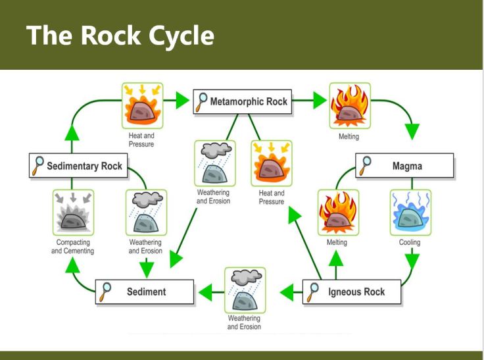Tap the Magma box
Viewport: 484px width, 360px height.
pyautogui.click(x=404, y=166)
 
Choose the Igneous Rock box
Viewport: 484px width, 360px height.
pyautogui.click(x=351, y=291)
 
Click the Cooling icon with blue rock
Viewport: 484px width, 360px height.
pyautogui.click(x=412, y=212)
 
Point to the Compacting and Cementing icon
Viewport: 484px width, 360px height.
pyautogui.click(x=74, y=213)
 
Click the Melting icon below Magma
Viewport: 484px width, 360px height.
pyautogui.click(x=338, y=212)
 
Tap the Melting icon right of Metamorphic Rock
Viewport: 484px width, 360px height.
pyautogui.click(x=349, y=105)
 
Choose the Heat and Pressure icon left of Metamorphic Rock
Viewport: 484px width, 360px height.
pyautogui.click(x=141, y=105)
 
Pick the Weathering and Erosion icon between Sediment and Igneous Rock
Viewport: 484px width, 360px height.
pyautogui.click(x=245, y=290)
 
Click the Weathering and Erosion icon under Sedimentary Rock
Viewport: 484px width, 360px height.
pyautogui.click(x=145, y=213)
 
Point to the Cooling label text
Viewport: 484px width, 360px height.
pyautogui.click(x=410, y=243)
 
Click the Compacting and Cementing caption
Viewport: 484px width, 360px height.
pyautogui.click(x=73, y=247)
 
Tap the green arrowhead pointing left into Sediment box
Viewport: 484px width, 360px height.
pyautogui.click(x=206, y=290)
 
